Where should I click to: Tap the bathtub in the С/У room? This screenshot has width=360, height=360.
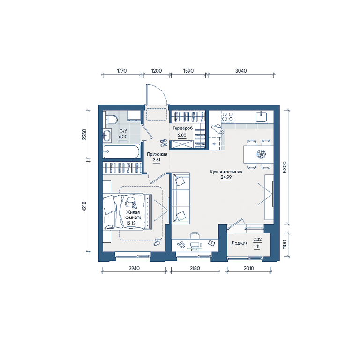pyautogui.click(x=121, y=151)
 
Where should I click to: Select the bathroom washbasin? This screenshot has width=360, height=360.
pyautogui.click(x=107, y=135)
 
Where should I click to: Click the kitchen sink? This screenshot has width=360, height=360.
pyautogui.click(x=261, y=116)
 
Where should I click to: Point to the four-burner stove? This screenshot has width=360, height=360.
pyautogui.click(x=227, y=116)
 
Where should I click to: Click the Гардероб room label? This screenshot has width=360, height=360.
pyautogui.click(x=182, y=128)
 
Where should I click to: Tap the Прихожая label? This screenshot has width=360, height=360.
pyautogui.click(x=157, y=154)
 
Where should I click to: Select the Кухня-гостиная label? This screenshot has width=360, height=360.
pyautogui.click(x=226, y=172)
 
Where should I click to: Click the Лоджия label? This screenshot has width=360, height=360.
pyautogui.click(x=240, y=243)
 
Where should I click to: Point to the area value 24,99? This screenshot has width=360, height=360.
pyautogui.click(x=226, y=177)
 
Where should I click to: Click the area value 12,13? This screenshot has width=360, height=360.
pyautogui.click(x=131, y=223)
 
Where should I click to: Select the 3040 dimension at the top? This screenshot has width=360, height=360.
pyautogui.click(x=241, y=71)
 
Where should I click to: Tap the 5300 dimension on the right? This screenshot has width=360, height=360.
pyautogui.click(x=285, y=167)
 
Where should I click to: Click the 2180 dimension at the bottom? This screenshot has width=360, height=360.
pyautogui.click(x=195, y=268)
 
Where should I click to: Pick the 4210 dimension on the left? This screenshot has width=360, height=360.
pyautogui.click(x=84, y=206)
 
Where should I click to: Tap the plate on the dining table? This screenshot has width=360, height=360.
pyautogui.click(x=261, y=154)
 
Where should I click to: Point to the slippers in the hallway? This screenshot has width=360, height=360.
pyautogui.click(x=164, y=143)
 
